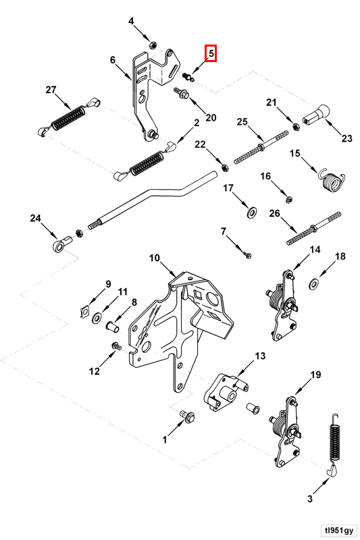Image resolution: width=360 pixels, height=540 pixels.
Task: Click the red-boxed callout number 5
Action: pos(211,53)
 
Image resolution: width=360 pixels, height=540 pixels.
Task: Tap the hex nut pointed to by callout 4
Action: pos(153,45)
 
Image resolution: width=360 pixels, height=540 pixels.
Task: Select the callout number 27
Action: pos(51,90)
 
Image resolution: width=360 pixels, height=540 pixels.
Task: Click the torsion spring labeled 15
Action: pos(332,180)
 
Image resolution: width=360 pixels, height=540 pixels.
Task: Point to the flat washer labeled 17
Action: pos(252,213)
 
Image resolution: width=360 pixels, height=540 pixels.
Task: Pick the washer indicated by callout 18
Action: pos(314,284)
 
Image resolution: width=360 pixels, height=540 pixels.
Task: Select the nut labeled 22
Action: pos(224,167)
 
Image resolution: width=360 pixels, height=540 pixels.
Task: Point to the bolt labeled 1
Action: pos(187,416)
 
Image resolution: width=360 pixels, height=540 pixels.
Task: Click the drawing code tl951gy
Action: pos(337,529)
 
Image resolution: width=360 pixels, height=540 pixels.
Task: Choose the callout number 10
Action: pos(155,258)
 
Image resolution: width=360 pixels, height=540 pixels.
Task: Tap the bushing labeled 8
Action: pos(112,326)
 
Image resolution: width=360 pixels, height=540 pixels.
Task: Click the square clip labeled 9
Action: pos(83,312)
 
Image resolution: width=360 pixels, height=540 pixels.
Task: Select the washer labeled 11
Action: pos(97,317)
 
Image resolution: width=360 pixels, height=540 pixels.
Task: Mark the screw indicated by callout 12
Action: pos(116,346)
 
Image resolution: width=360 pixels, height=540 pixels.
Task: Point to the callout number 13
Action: pos(260,356)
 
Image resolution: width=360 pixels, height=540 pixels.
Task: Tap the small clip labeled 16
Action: pos(290,198)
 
